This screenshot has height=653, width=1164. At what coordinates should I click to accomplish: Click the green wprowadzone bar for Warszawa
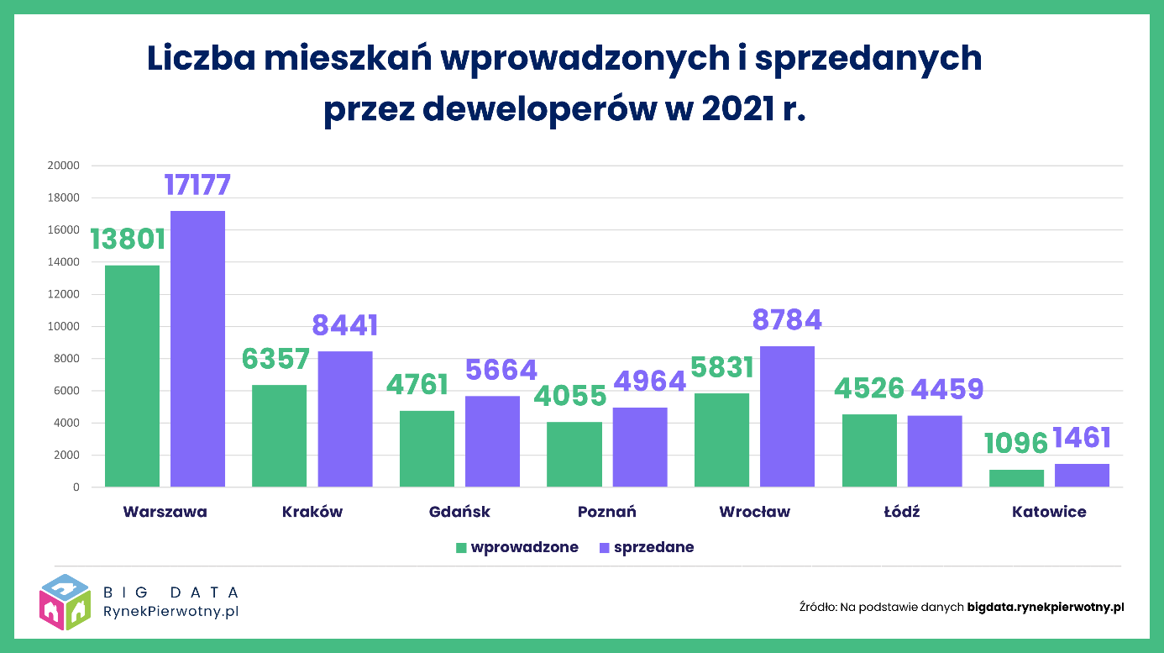(132, 376)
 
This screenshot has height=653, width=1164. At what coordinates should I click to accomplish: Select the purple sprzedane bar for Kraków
(345, 419)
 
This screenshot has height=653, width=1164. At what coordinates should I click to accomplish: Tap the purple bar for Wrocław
(787, 416)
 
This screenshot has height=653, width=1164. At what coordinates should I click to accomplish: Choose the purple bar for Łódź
(935, 450)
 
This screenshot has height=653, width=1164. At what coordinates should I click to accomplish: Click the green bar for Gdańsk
(427, 448)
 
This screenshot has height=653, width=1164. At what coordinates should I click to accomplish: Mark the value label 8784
(787, 320)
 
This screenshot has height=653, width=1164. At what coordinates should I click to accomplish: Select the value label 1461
(1082, 438)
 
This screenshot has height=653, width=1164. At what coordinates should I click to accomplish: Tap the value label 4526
(869, 389)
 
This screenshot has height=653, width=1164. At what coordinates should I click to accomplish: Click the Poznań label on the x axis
(606, 512)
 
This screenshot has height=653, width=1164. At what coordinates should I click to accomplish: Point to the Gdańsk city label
(459, 512)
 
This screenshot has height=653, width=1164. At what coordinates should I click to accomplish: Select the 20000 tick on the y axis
(64, 166)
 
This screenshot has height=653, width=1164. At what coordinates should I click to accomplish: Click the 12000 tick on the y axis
(64, 294)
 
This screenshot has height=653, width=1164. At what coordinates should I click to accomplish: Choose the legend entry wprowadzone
(524, 547)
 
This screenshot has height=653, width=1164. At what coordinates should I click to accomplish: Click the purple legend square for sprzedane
(603, 548)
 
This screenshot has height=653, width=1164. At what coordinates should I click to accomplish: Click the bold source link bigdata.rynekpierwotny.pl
(1045, 606)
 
